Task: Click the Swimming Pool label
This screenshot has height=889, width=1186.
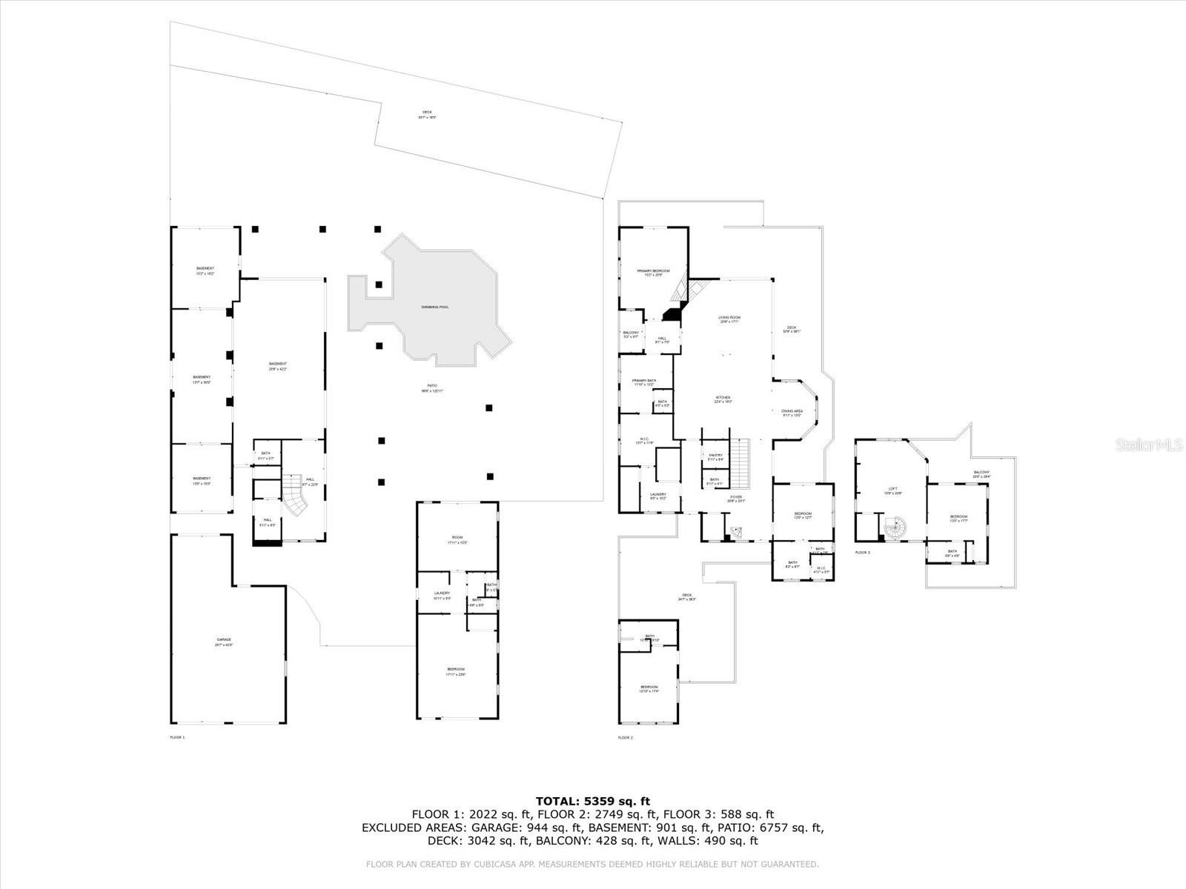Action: pos(435,307)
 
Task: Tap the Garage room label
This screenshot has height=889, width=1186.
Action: pos(224,639)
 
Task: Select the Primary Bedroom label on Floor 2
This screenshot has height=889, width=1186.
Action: pos(653,271)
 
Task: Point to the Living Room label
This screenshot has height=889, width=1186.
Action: pos(729,318)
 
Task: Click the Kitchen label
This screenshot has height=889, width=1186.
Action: pos(723,398)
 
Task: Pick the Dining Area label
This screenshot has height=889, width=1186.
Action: pos(792,410)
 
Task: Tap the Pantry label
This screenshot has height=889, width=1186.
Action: pos(715,456)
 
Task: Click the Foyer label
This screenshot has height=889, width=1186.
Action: pos(735,497)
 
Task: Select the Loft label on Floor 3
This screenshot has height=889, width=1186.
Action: pos(893,489)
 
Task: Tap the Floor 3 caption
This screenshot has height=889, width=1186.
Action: pos(862,553)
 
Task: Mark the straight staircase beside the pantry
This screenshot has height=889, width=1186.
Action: pos(741,462)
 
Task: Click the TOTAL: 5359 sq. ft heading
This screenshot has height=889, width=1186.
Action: pos(592,801)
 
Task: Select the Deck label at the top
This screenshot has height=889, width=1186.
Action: pos(427,113)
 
